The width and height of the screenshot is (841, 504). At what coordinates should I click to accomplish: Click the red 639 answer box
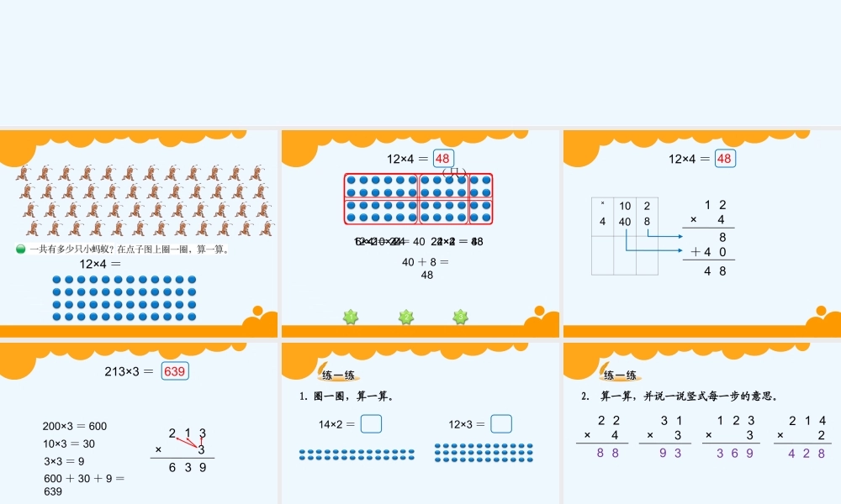(175, 370)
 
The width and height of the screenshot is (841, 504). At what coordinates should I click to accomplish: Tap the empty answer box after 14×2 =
(371, 424)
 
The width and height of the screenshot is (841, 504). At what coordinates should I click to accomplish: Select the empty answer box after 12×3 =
(501, 424)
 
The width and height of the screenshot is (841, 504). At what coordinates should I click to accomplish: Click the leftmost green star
(351, 317)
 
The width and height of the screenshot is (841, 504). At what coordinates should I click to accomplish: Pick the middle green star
(406, 317)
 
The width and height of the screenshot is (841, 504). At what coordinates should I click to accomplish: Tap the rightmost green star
(460, 317)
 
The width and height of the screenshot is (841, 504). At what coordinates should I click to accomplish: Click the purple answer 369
(734, 453)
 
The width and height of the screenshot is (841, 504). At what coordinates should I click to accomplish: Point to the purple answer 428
(807, 453)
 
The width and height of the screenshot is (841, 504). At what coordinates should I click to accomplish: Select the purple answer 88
(607, 453)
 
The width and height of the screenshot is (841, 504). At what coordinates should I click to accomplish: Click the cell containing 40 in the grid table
(625, 222)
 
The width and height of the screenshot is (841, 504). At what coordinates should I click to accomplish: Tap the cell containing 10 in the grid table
(625, 206)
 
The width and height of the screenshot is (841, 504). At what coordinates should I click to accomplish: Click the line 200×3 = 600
(75, 426)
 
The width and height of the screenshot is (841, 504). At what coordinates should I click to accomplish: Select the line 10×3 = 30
(69, 444)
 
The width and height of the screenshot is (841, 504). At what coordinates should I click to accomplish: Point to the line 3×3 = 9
(63, 461)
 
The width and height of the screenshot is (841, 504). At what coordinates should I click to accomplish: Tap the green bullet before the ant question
(21, 249)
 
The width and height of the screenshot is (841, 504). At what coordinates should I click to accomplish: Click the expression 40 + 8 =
(426, 262)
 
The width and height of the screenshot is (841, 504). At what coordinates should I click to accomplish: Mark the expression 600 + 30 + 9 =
(84, 478)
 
